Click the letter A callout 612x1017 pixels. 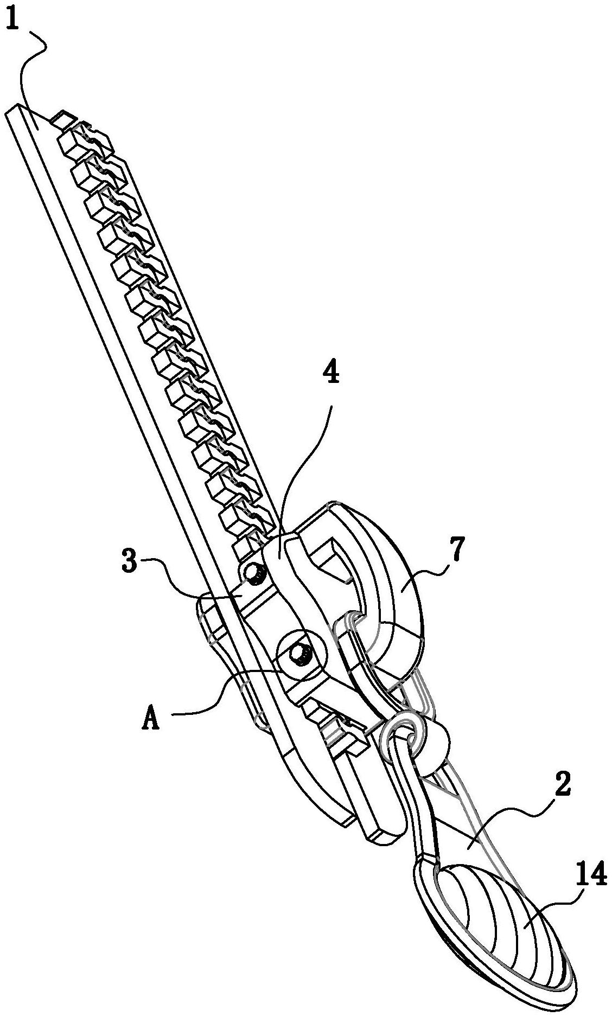click(x=151, y=720)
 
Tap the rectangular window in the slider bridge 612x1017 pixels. click(x=331, y=564)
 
